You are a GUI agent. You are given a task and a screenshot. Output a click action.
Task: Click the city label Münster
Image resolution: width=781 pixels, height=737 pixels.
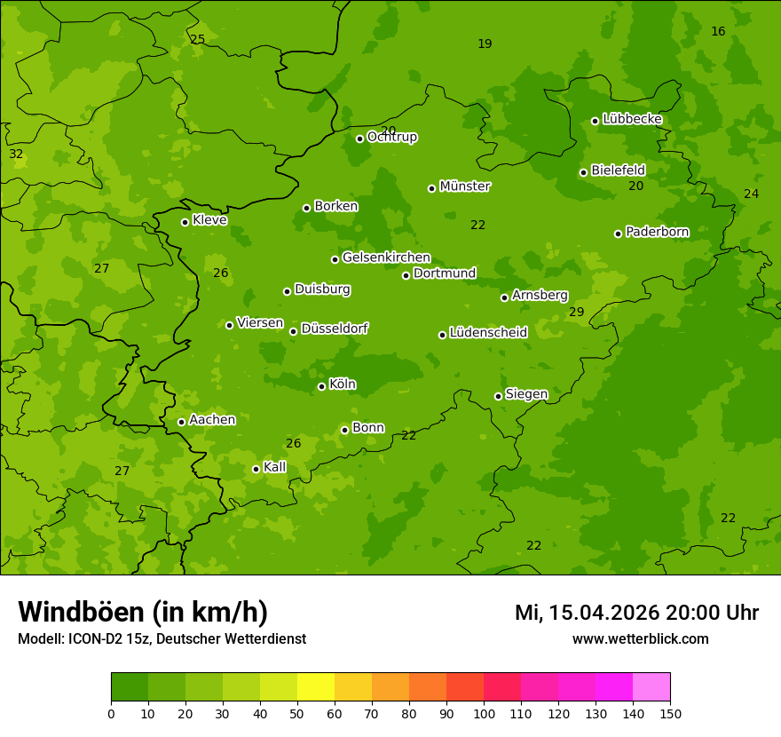tap(465, 186)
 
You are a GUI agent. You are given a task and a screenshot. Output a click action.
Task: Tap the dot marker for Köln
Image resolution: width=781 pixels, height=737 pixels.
tap(321, 386)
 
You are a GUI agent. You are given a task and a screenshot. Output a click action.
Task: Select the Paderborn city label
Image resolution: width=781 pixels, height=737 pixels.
tap(657, 232)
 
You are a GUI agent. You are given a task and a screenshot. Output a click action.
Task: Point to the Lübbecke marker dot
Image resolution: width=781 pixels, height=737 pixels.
tap(595, 121)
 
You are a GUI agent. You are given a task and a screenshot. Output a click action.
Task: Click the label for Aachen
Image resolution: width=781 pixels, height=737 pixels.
tap(212, 420)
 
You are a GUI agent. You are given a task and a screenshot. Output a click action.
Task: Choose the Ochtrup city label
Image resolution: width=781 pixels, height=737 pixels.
tap(392, 137)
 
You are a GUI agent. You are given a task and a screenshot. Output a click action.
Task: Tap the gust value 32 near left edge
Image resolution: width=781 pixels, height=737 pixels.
tap(16, 154)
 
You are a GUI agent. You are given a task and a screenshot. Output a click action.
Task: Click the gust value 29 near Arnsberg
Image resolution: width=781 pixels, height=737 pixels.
tap(577, 312)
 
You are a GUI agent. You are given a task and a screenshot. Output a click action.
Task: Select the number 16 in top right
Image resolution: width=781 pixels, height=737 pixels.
tap(718, 31)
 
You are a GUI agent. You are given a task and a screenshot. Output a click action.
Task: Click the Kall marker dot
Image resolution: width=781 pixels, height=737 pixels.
tap(256, 469)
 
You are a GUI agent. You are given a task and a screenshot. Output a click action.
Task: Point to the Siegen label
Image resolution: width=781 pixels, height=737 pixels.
tap(526, 394)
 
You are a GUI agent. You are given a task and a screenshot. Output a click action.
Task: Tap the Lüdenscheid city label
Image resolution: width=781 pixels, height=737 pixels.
tap(488, 333)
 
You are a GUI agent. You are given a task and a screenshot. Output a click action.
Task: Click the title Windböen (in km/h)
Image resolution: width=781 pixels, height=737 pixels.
tap(143, 612)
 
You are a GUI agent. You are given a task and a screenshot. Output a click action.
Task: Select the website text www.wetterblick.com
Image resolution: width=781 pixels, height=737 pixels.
tap(640, 638)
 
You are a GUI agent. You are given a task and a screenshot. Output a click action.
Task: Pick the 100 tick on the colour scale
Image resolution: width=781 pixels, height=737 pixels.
tap(484, 712)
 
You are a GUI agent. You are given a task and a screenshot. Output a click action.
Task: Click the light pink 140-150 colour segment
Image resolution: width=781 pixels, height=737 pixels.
tap(651, 687)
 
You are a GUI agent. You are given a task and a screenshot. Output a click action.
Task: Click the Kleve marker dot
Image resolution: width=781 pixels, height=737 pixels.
tap(185, 222)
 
